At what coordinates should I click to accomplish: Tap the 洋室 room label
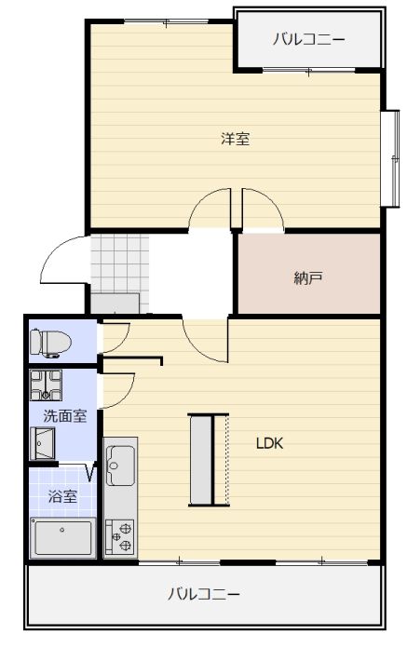pos(235,139)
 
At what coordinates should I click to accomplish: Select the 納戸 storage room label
pos(308,278)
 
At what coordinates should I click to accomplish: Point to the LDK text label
pos(270,443)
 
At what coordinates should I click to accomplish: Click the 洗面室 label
pos(65,416)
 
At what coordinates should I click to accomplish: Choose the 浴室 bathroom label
pos(62,496)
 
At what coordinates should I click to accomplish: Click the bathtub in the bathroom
pos(62,537)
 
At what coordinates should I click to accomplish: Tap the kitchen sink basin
pos(120,466)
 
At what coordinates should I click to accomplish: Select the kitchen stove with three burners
pos(120,536)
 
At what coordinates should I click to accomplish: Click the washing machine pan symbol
pos(46,385)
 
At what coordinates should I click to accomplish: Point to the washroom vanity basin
pos(43,443)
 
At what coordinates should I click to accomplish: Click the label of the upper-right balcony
pos(308,40)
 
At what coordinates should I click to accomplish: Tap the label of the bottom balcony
pos(204,594)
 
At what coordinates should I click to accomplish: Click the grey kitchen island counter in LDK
pos(201,460)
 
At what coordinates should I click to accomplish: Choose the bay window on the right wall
pos(390,158)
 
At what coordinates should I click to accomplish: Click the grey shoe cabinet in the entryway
pos(115,304)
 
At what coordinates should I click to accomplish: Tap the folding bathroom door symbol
pos(91,472)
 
